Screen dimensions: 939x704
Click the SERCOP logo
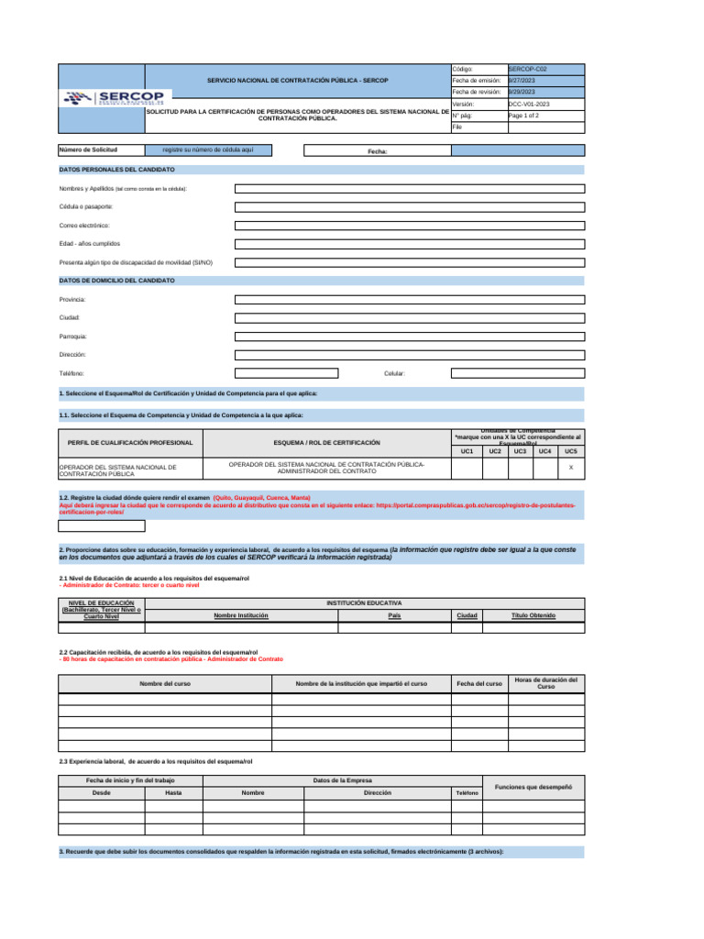coord(114,99)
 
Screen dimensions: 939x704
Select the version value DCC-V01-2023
coord(529,105)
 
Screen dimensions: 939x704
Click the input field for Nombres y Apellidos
coord(409,188)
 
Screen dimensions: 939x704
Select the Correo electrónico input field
coord(409,226)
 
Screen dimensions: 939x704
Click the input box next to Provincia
coord(409,299)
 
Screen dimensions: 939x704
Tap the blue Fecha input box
coord(517,150)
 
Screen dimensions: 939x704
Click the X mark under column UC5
coord(571,468)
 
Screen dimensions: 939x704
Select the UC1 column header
coord(467,451)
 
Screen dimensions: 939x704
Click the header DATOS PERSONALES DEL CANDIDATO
coord(117,170)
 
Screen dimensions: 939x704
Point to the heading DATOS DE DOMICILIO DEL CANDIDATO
coord(117,280)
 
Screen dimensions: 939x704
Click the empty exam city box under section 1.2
coord(102,526)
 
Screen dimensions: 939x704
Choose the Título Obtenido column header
coord(533,615)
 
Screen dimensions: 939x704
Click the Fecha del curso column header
coord(479,684)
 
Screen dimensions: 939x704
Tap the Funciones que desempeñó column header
coord(533,787)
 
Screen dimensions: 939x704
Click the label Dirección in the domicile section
coord(72,354)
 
